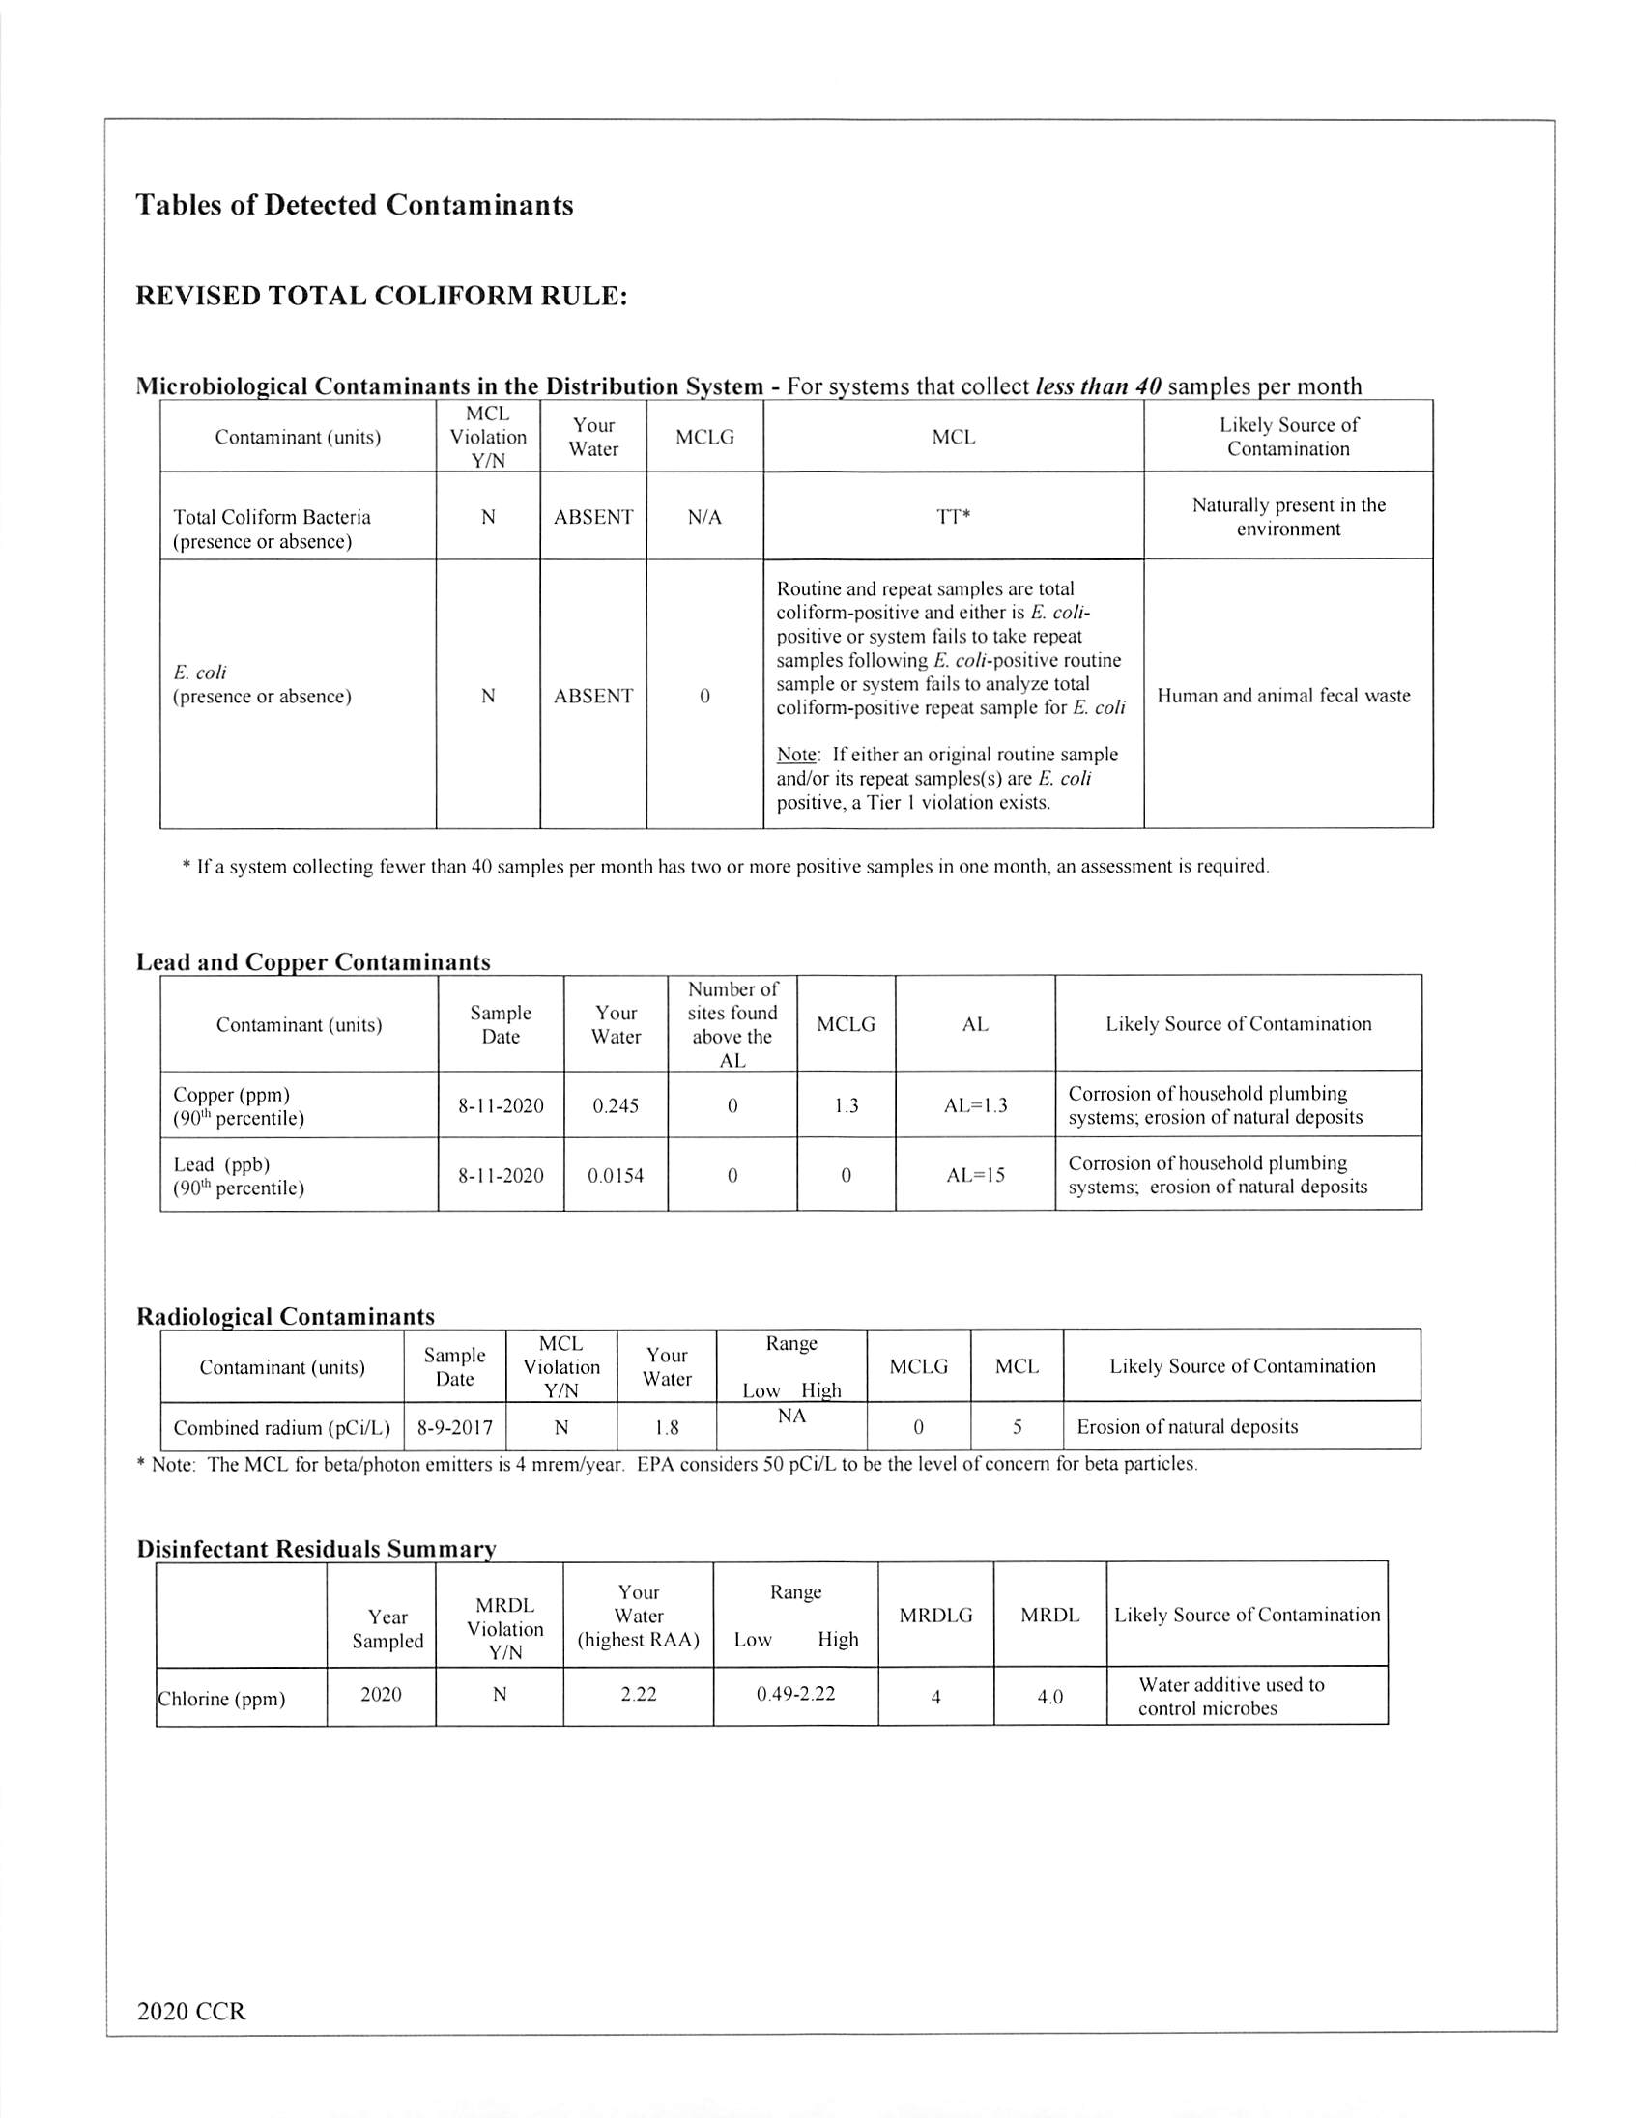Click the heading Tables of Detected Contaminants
click(354, 206)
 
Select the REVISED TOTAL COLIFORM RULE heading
click(382, 297)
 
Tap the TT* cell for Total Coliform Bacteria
click(953, 517)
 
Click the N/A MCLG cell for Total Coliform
click(704, 517)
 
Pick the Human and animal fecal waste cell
click(1283, 696)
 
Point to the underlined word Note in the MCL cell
click(798, 755)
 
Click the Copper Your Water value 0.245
click(615, 1105)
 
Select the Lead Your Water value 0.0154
click(615, 1175)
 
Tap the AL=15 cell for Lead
click(975, 1175)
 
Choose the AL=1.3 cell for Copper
click(975, 1105)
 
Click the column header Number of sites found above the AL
click(732, 1024)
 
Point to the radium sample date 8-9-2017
click(454, 1427)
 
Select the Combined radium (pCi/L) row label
click(281, 1427)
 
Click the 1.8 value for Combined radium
click(666, 1427)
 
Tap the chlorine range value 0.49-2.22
click(795, 1693)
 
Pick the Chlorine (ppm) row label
click(221, 1698)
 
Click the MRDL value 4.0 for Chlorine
click(1049, 1696)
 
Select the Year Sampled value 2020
click(380, 1693)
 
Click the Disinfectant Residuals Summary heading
click(316, 1549)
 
